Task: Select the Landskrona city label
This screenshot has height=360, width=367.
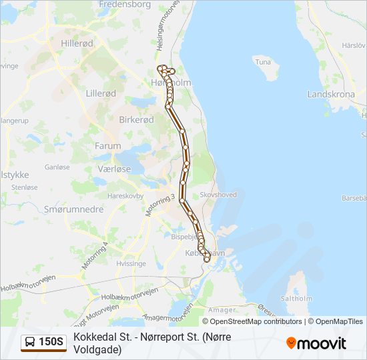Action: (331, 94)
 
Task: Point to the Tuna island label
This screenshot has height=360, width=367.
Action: (263, 61)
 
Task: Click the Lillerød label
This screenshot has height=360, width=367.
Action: (102, 94)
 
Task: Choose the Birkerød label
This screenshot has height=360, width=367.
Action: (136, 119)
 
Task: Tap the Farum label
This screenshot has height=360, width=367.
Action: (108, 145)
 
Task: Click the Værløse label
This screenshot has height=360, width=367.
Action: (114, 169)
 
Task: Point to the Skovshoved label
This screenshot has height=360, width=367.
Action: (218, 195)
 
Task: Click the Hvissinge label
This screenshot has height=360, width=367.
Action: (131, 263)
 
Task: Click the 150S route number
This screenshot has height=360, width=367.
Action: (51, 343)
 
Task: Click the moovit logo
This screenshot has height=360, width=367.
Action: (316, 343)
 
